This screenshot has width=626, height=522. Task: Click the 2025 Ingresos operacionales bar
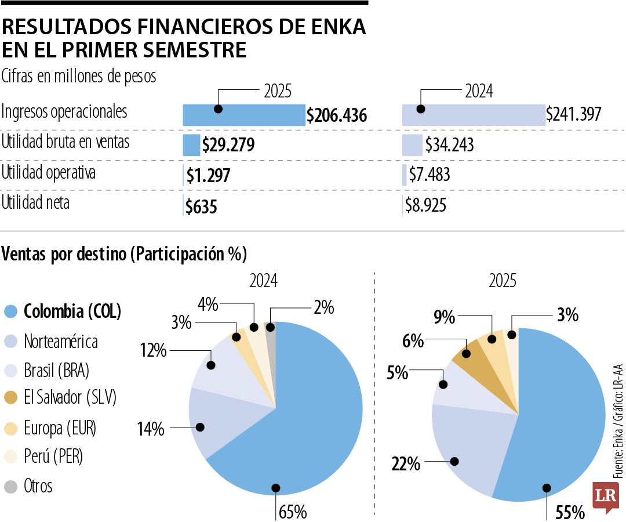click(x=243, y=115)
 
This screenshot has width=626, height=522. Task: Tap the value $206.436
click(x=337, y=116)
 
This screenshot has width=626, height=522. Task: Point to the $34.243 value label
click(x=449, y=145)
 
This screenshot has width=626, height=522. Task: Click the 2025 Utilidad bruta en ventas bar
click(x=191, y=145)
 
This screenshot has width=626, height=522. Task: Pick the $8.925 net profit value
click(x=425, y=205)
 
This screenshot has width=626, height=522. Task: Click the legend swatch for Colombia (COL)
click(x=11, y=311)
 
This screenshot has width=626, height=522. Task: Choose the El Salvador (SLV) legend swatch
click(x=11, y=398)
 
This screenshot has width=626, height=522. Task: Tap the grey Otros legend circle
click(x=11, y=485)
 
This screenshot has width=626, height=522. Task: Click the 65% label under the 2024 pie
click(x=293, y=512)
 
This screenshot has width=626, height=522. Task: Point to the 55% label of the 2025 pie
click(x=570, y=512)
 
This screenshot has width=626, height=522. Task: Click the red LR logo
click(x=603, y=496)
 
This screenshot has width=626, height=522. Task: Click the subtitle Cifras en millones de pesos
click(x=79, y=76)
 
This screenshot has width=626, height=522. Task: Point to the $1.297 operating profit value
click(x=208, y=175)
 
